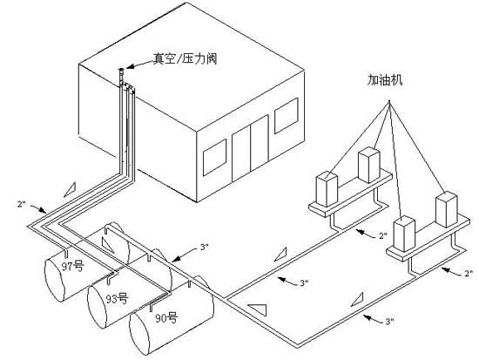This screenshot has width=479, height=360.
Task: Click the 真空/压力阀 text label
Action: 185,58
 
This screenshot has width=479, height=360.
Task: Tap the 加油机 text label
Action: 385,80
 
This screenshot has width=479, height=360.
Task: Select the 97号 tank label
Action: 72,266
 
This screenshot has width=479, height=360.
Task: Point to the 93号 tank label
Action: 117,298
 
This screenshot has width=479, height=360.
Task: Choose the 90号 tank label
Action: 166,318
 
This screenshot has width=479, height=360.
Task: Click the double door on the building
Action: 250,148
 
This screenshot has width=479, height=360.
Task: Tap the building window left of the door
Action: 215,157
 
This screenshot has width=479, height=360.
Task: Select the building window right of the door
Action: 287,116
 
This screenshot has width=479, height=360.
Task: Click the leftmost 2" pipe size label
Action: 21,204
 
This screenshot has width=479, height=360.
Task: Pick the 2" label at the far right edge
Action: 469,273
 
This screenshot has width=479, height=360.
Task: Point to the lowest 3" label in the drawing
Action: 389,321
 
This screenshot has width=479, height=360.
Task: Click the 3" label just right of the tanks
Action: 205,247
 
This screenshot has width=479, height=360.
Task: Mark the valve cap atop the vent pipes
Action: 121,71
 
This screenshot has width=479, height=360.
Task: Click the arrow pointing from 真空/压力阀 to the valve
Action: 140,64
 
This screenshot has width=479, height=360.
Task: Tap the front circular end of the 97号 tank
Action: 55,280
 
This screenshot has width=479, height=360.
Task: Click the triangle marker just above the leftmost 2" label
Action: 70,189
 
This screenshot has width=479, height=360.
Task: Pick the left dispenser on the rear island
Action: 327,189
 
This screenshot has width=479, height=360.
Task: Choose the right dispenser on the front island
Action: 447,209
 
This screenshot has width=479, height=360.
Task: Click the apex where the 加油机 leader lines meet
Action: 389,101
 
